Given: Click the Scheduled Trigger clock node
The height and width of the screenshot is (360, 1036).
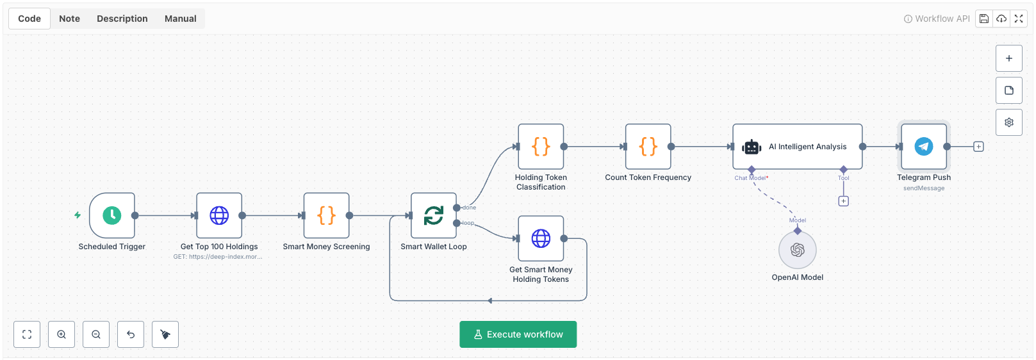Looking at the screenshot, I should point(112,216).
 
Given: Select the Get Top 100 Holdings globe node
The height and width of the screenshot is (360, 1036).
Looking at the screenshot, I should point(219,216).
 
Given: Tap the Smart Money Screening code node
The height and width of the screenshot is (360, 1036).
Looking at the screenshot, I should point(326,216).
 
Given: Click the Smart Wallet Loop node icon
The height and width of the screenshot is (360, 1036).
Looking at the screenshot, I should point(434,216).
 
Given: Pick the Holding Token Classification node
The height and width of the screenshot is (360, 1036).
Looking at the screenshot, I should point(541,147).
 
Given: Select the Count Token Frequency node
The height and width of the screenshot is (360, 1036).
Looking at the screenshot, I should point(648,147).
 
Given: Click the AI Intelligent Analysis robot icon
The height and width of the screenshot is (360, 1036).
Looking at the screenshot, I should point(752,147).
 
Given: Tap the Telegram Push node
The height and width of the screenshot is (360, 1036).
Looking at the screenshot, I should point(923,147).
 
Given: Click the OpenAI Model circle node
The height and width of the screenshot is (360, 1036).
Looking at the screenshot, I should point(797,250).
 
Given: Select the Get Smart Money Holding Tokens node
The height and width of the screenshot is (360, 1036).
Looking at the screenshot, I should point(541,239).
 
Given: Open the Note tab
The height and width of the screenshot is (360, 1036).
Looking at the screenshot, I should point(69,19).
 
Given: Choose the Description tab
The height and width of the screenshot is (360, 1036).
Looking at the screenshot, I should point(122,19).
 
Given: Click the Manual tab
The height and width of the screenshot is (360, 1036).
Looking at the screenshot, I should point(180,19).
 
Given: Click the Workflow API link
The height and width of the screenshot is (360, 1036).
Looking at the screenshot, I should point(937,19).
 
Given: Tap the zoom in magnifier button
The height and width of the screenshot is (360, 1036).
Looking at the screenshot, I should point(62,334).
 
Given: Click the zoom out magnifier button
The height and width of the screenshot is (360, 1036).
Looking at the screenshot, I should point(96,334).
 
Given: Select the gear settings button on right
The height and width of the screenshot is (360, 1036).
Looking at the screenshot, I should point(1008,122).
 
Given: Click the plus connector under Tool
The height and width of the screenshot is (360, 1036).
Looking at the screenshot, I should point(843,201).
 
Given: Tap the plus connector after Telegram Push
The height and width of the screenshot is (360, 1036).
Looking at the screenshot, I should point(978,147).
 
